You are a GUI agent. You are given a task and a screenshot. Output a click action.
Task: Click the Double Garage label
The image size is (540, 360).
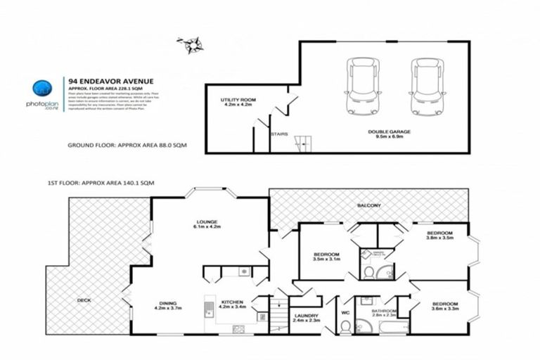click(x=388, y=134)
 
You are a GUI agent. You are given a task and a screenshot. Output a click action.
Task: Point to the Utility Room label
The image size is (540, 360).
click(x=238, y=103)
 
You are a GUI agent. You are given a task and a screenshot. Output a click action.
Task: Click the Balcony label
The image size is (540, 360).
click(x=368, y=205)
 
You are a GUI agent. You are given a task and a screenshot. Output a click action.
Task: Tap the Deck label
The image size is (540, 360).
click(x=84, y=300)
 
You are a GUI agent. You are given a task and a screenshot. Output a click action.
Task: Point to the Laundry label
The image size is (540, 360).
click(x=305, y=319)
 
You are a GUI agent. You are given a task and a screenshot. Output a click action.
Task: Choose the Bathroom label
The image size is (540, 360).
click(x=385, y=312)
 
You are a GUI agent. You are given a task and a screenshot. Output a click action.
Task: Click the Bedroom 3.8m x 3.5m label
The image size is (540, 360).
click(x=439, y=235)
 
